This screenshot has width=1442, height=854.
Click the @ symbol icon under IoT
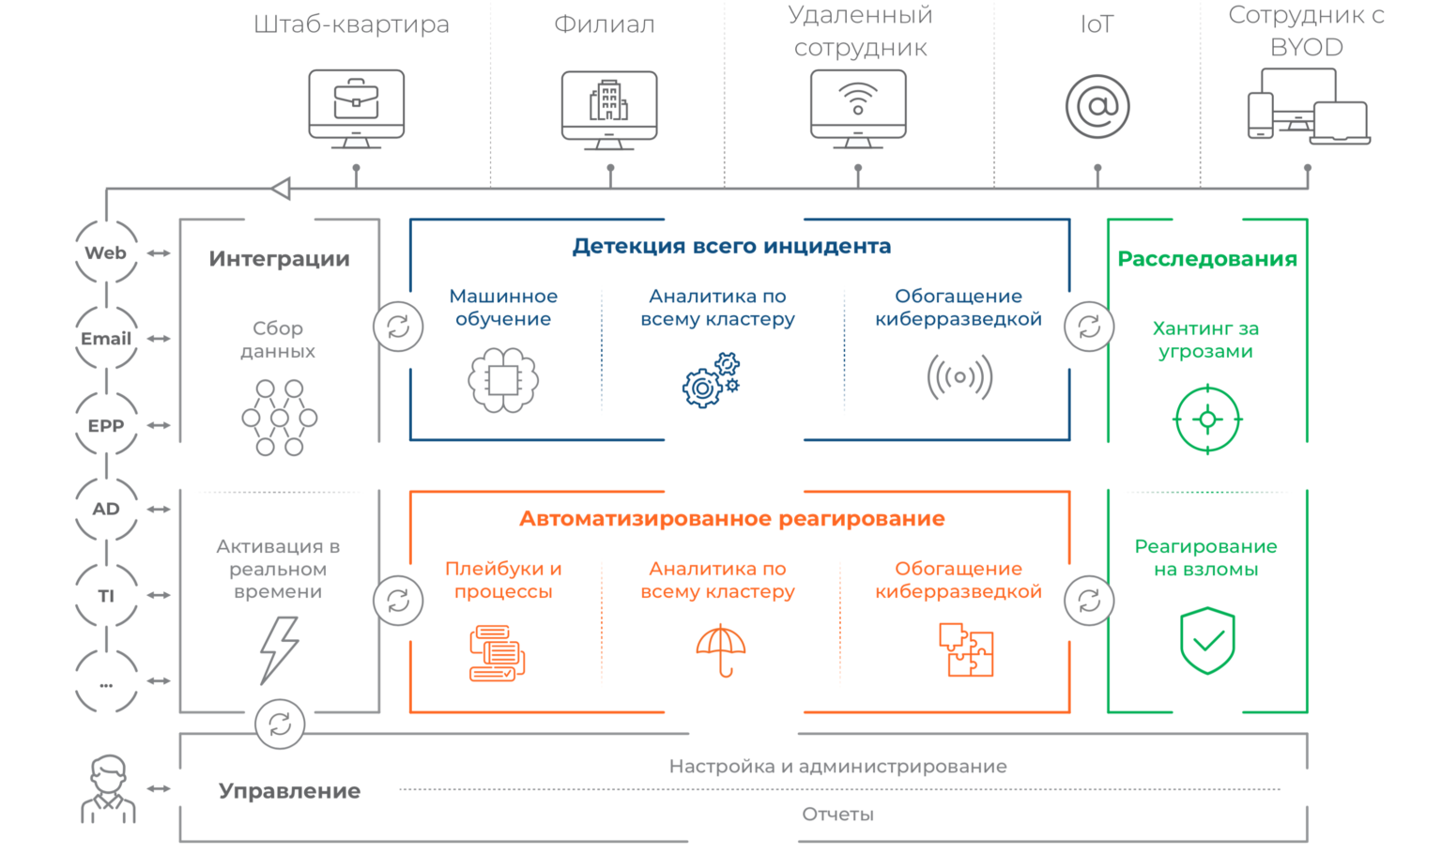click(x=1097, y=107)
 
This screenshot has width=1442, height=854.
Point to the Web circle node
click(x=106, y=252)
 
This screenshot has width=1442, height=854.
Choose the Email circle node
click(x=106, y=339)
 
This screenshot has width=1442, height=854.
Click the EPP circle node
click(x=106, y=425)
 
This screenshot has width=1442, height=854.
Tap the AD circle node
click(x=106, y=509)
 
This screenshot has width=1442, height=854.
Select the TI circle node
click(x=106, y=595)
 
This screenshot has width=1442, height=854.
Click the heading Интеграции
click(x=279, y=259)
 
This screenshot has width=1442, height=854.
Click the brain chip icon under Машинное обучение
click(x=503, y=380)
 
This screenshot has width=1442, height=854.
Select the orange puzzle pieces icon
click(x=966, y=649)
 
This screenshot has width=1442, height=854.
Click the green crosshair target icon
click(x=1207, y=419)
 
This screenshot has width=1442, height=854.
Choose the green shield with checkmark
click(x=1207, y=641)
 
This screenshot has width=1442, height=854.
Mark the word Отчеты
click(x=837, y=815)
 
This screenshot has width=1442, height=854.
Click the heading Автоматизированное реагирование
click(x=732, y=519)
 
